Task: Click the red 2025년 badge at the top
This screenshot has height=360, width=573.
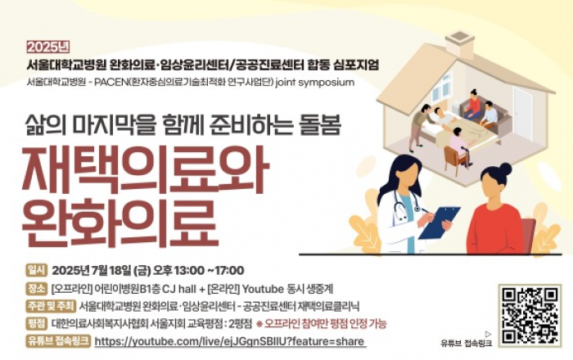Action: (47, 47)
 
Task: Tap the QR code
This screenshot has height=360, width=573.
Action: (530, 316)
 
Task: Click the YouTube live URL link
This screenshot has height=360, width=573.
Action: (230, 341)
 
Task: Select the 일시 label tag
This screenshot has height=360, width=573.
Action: (37, 270)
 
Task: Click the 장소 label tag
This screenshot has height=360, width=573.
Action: (37, 288)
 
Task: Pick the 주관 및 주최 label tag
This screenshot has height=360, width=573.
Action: (51, 306)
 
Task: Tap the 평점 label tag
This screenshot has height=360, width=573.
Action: (37, 323)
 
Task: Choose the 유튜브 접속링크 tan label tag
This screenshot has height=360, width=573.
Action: (58, 341)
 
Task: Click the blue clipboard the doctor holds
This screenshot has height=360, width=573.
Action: (440, 223)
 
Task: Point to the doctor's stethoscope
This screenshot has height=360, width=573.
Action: (406, 205)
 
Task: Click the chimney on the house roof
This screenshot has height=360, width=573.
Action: (460, 41)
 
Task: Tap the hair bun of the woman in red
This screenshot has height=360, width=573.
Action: (505, 169)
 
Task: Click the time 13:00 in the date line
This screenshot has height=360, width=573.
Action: (189, 271)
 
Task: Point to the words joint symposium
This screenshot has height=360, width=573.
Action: (314, 83)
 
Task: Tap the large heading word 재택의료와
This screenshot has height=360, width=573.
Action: (145, 170)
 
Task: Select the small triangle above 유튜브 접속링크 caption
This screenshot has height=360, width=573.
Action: (488, 334)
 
